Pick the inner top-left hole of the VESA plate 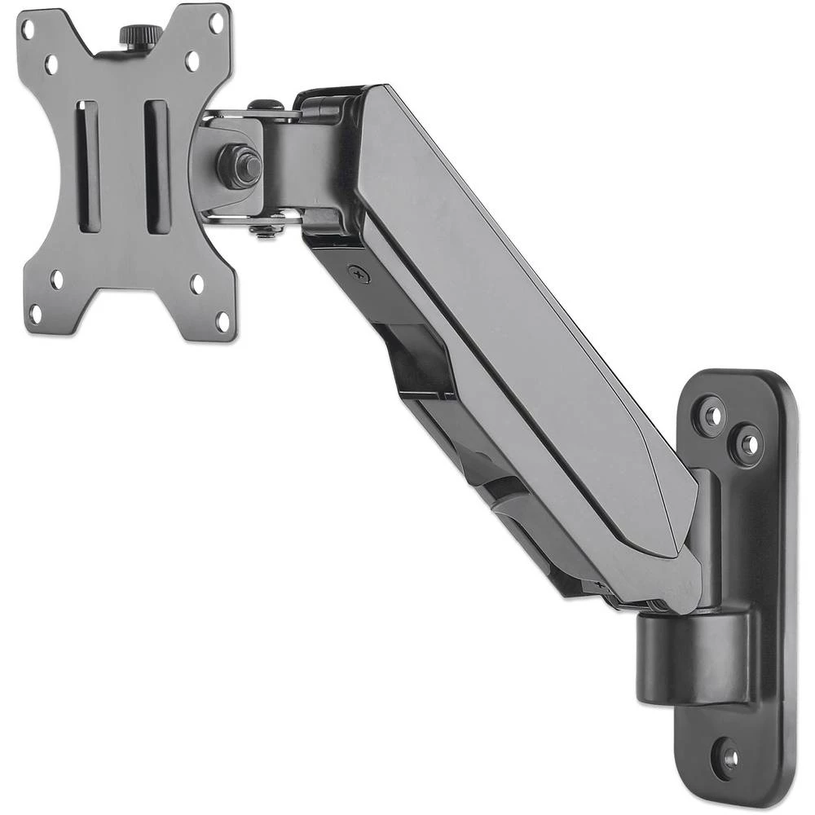click(51, 62)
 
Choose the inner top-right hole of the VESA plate click(192, 60)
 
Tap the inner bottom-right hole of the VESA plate click(197, 284)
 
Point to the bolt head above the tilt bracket click(264, 105)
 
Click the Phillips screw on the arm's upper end click(358, 275)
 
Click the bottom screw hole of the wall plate click(730, 758)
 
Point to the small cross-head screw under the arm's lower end click(601, 585)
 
